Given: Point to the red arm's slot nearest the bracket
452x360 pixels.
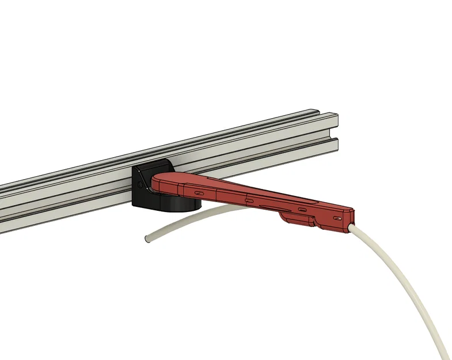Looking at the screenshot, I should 198,192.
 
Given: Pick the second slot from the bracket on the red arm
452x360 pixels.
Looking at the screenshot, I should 250,200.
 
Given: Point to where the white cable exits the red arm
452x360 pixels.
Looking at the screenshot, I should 351,227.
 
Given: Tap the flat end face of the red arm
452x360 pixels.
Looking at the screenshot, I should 351,218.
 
